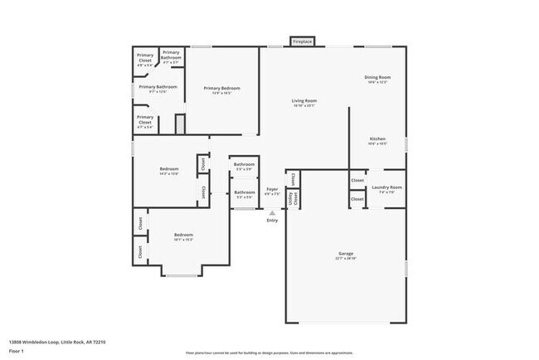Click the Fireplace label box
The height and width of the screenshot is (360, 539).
tap(301, 41)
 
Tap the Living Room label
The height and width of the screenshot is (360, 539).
tap(304, 103)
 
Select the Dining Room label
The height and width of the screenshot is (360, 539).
tap(377, 80)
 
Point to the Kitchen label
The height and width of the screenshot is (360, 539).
tap(377, 140)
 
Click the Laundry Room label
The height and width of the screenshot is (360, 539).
tap(386, 189)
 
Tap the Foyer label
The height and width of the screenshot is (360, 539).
tap(272, 191)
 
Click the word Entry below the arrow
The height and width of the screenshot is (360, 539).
tap(272, 220)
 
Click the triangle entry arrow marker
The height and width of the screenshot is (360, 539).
tap(272, 212)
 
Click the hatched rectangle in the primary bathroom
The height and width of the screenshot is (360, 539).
tap(178, 124)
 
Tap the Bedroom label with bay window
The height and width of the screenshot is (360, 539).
tap(183, 236)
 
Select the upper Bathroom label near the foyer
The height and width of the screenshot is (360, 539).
tap(244, 166)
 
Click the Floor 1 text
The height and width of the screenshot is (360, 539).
tap(17, 352)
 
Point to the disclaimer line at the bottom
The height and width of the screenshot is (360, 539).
tap(269, 352)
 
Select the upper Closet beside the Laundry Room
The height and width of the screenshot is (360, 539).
tap(357, 180)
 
